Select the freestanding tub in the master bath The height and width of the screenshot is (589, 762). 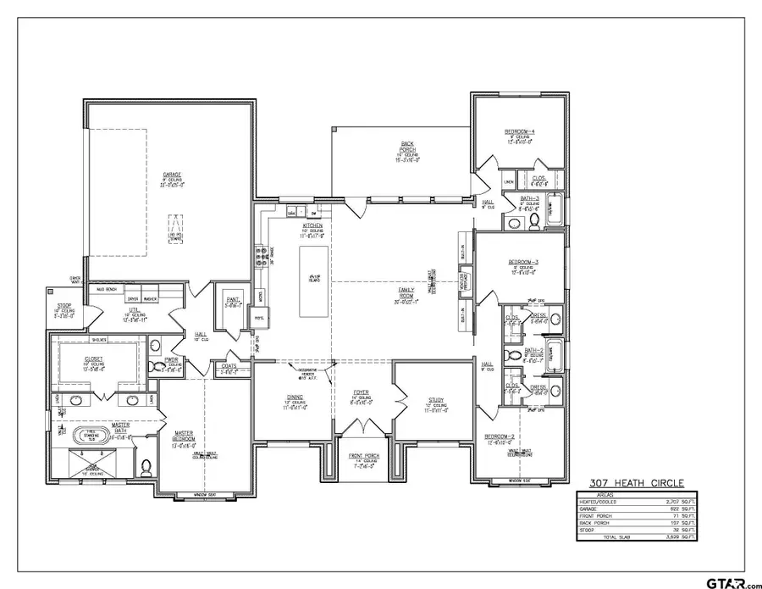(x=89, y=437)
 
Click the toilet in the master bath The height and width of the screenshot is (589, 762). (x=146, y=467)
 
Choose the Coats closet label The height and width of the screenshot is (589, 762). (x=229, y=366)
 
